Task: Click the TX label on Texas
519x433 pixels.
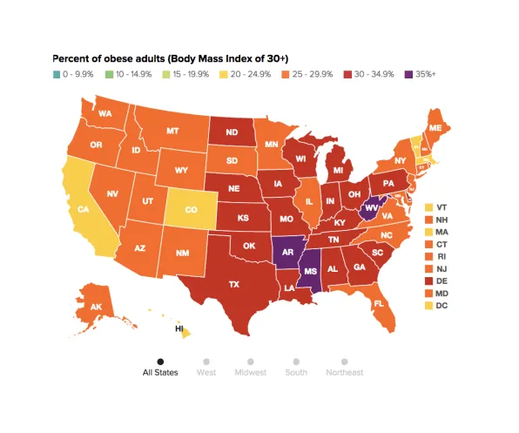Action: [x=233, y=284]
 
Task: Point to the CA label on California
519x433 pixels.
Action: [x=84, y=209]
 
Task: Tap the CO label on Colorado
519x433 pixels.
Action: [x=191, y=209]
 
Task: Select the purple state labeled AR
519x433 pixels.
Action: [x=286, y=249]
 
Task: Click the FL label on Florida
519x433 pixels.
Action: [x=378, y=304]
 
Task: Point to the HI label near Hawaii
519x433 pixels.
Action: [x=179, y=329]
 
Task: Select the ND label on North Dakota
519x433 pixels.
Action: [x=233, y=133]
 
